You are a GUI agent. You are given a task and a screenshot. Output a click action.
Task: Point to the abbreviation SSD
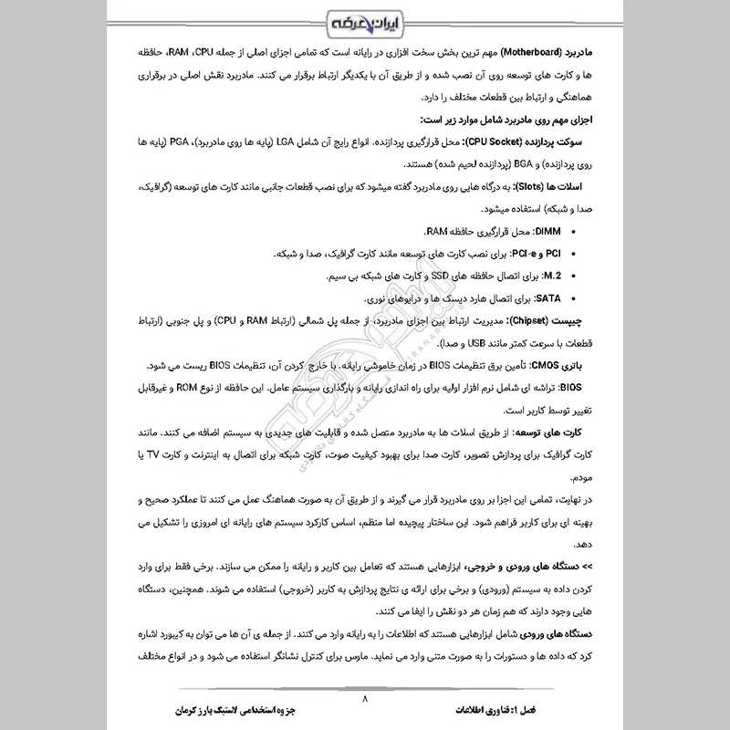coord(412,276)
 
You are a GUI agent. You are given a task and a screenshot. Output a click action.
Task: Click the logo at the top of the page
coord(365,21)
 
